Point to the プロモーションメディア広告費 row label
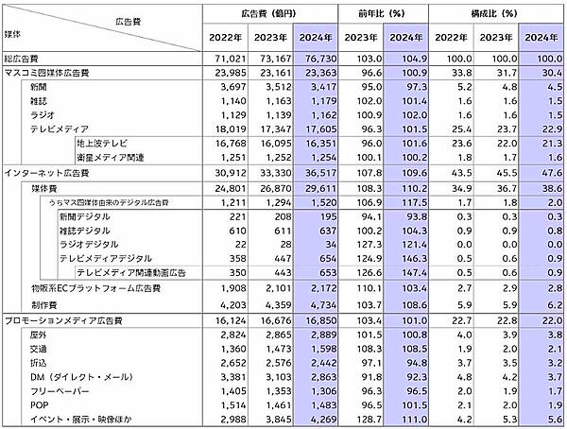coord(62,322)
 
